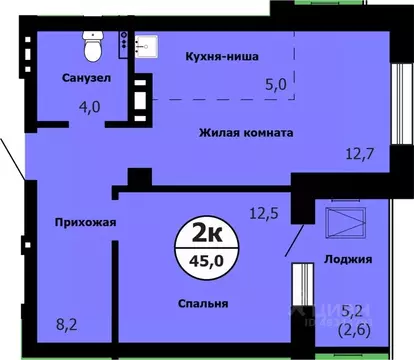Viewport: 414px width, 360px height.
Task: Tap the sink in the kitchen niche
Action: tap(141, 45)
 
